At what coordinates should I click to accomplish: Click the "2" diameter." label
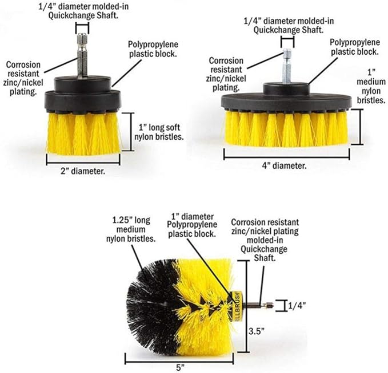(x=83, y=171)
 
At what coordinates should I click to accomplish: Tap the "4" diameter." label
(x=284, y=165)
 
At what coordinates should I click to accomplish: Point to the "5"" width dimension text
(x=181, y=367)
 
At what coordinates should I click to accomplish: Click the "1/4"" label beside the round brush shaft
(x=297, y=306)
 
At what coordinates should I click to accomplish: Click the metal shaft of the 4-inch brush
(x=287, y=66)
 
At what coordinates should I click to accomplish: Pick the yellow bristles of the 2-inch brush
(x=83, y=134)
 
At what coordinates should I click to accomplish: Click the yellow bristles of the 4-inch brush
(x=286, y=128)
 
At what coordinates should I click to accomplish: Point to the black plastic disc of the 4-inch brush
(x=286, y=102)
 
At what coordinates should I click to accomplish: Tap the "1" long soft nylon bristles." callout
(x=159, y=132)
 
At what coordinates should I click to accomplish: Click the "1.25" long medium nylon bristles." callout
(x=131, y=229)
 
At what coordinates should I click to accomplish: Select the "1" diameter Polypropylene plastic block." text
(x=192, y=225)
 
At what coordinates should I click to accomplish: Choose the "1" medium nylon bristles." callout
(x=371, y=87)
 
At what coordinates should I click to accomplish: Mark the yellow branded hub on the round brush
(x=236, y=306)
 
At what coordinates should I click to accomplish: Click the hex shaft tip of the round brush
(x=269, y=306)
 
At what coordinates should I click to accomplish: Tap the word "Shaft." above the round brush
(x=265, y=258)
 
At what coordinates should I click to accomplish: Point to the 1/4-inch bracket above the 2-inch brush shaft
(x=82, y=28)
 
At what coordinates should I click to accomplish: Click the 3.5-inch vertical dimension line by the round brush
(x=246, y=306)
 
